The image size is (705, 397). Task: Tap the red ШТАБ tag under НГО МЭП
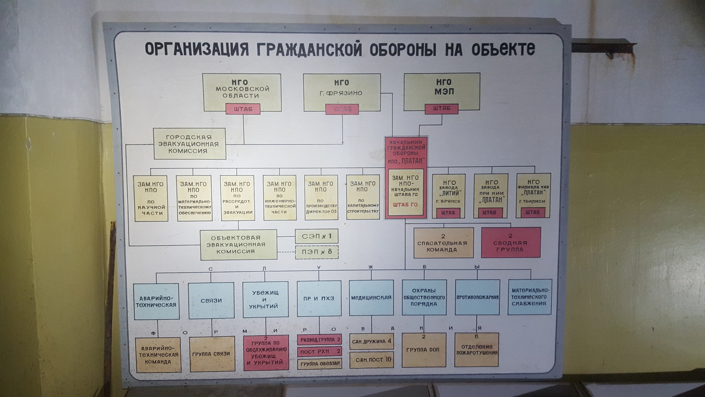[441, 109]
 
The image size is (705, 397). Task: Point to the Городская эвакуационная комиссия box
[189, 144]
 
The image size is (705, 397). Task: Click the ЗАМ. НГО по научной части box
[151, 198]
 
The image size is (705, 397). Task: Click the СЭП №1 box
[317, 236]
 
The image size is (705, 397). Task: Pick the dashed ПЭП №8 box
[317, 252]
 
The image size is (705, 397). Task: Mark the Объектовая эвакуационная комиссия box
[238, 244]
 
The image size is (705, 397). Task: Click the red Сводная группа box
[511, 243]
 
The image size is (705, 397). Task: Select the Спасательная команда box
[443, 243]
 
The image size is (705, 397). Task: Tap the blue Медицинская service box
[371, 298]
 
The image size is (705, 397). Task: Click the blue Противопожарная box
[477, 297]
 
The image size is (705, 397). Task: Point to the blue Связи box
[211, 300]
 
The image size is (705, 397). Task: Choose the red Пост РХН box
[320, 351]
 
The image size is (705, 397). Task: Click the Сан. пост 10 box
[372, 360]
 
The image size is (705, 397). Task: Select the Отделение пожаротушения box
[477, 350]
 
